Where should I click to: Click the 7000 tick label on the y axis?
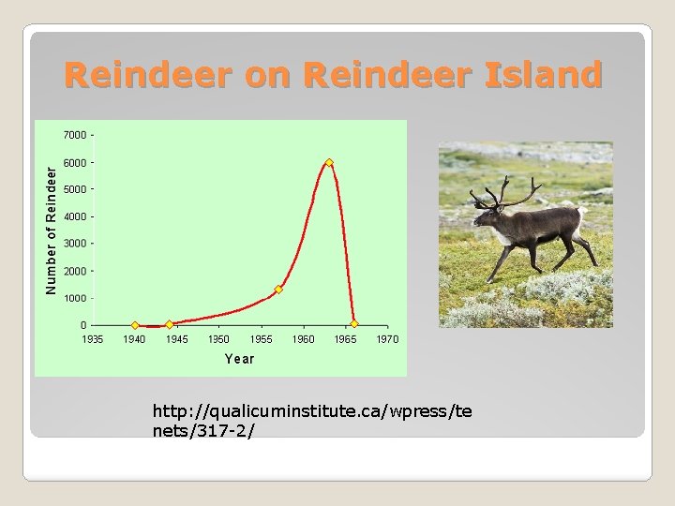[x=75, y=135]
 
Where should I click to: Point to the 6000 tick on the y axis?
[x=75, y=162]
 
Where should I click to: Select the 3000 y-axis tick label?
[x=75, y=244]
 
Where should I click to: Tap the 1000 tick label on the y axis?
[x=75, y=298]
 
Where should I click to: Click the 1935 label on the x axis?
[x=92, y=339]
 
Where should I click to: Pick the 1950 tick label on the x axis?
[x=218, y=339]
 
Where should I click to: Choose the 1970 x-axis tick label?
[x=387, y=339]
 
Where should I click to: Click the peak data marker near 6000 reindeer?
[x=329, y=163]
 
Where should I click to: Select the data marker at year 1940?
[x=135, y=325]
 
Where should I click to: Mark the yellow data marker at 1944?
[x=170, y=324]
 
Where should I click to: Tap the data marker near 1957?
[x=278, y=290]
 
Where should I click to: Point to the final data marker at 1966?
[x=354, y=325]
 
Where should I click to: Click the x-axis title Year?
[x=239, y=359]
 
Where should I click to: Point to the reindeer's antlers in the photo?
[x=506, y=192]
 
